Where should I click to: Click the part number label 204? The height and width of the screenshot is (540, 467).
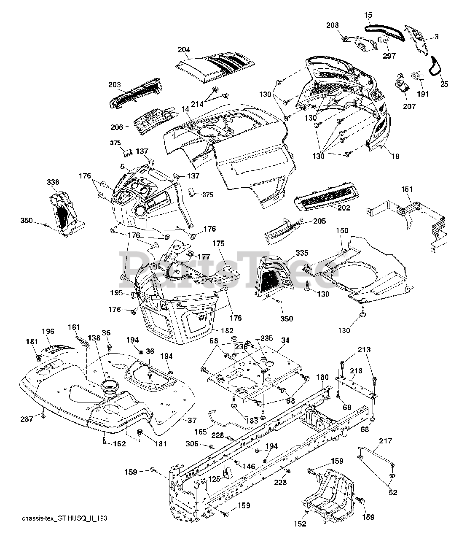[184, 49]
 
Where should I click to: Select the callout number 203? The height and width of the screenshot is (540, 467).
[115, 84]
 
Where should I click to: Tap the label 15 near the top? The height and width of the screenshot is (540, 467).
[368, 15]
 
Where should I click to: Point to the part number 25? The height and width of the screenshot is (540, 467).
[444, 84]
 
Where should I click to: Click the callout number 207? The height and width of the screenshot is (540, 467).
[409, 106]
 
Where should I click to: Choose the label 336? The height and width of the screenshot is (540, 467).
[53, 182]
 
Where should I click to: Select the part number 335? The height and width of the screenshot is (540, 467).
[302, 253]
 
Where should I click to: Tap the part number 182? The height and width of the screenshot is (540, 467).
[227, 330]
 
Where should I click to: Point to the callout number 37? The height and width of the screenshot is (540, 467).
[192, 420]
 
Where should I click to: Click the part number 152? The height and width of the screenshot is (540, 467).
[300, 531]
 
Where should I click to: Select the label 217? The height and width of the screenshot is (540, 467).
[385, 441]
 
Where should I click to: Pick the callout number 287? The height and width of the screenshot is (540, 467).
[27, 419]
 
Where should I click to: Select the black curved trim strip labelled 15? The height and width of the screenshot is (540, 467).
[385, 32]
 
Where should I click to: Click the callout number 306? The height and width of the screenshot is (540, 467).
[192, 443]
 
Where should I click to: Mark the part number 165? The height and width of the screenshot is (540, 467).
[200, 432]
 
